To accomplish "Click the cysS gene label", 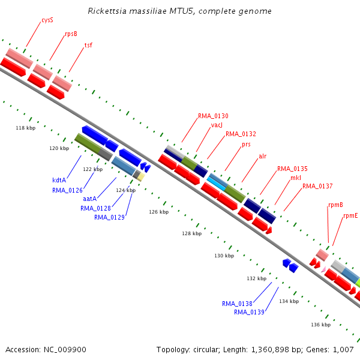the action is coord(47,20).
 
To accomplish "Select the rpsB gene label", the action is coord(71,34).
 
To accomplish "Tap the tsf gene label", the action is coord(88,45).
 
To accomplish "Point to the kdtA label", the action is coord(59,180).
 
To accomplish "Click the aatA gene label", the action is coord(90,199).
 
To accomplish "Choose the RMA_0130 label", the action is coord(213,116).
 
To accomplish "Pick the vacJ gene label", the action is coord(217,125).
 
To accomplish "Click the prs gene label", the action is coord(246,145).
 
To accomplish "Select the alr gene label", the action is coord(263,156).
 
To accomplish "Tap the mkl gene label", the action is coord(296,178).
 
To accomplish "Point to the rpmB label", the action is coord(335,205).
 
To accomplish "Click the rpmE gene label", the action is coord(350,216).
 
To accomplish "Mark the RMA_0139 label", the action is coord(250,312).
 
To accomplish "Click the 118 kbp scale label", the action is coord(26,128).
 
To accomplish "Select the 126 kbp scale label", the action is coord(159,212).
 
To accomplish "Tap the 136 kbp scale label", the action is coord(321,325).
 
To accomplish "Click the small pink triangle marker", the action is coord(324,269).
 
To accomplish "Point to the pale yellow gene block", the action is coord(141,177).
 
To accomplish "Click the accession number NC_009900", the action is coord(65,350).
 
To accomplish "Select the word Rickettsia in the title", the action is coord(107,11).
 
